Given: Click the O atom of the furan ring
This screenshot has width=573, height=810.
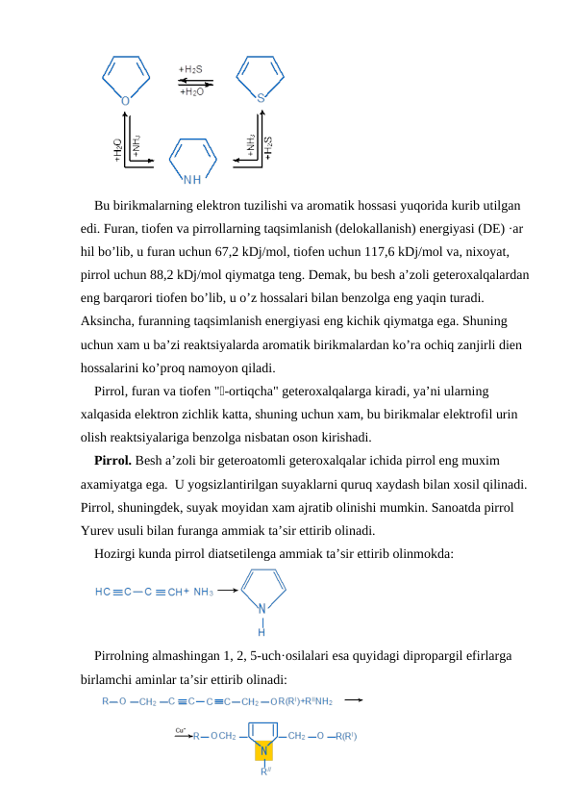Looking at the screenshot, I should pyautogui.click(x=126, y=98).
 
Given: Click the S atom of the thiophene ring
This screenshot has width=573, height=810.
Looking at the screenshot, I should pyautogui.click(x=261, y=97).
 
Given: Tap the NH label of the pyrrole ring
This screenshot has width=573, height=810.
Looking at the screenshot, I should pyautogui.click(x=192, y=178).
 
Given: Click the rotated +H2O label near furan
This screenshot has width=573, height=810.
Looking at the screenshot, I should pyautogui.click(x=117, y=150).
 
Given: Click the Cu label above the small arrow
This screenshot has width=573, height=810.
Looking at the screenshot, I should pyautogui.click(x=180, y=730).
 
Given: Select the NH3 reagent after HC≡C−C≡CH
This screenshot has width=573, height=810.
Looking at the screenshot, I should pyautogui.click(x=203, y=592).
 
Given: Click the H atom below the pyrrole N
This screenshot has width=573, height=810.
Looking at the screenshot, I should pyautogui.click(x=262, y=632).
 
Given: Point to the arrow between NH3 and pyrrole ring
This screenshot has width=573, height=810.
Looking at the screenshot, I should pyautogui.click(x=228, y=592).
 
